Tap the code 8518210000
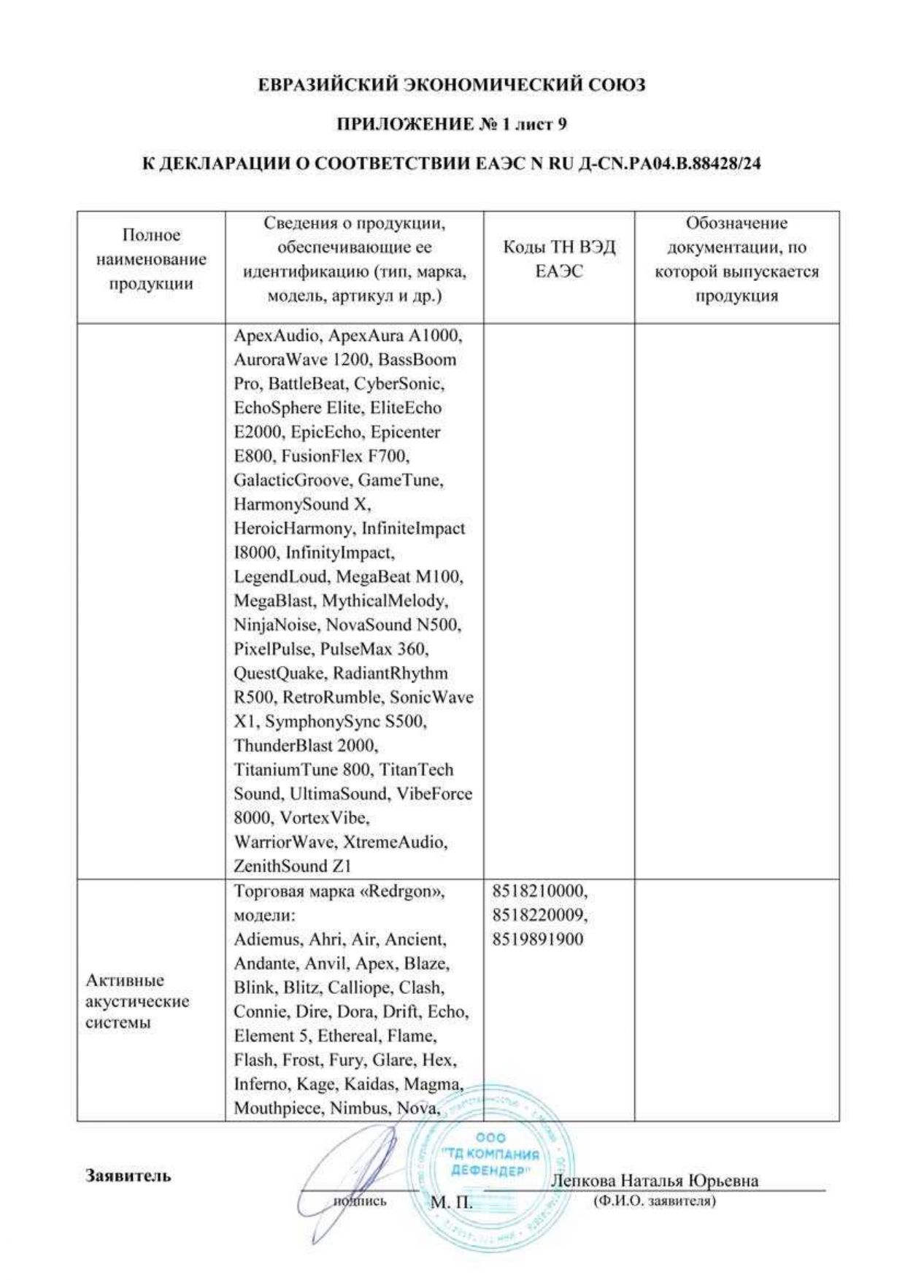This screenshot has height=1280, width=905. tap(539, 891)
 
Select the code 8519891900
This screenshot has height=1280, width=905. tap(538, 939)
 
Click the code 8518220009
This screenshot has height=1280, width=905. tap(539, 915)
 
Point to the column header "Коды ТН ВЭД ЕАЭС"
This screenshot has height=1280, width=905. tap(559, 259)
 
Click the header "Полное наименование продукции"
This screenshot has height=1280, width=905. tap(151, 259)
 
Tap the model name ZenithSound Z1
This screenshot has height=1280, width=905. tap(292, 866)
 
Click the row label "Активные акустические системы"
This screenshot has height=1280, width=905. tap(136, 1001)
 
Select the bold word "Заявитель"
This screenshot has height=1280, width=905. tap(128, 1176)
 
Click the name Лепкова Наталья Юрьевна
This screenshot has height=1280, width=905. tap(654, 1180)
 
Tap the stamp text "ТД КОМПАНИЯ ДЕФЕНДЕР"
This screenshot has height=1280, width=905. tap(490, 1162)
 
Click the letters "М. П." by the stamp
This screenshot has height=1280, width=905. tap(452, 1202)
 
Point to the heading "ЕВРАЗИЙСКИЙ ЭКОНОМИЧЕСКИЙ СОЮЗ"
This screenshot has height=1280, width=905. tap(452, 85)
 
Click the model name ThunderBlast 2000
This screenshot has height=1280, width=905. tap(306, 745)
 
